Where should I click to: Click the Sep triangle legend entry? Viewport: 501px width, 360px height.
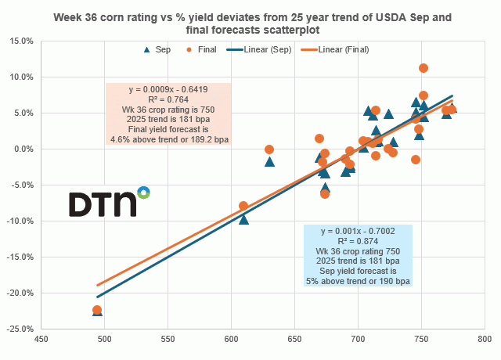(155, 49)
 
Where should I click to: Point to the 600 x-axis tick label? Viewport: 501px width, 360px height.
(231, 340)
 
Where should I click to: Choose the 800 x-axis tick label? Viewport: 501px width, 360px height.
(485, 340)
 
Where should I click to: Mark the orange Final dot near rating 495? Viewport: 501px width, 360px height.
(98, 310)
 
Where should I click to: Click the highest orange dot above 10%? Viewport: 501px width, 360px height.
(424, 68)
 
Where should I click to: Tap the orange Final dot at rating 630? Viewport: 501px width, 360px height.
(269, 149)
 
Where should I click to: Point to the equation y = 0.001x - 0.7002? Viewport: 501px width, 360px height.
(358, 230)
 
